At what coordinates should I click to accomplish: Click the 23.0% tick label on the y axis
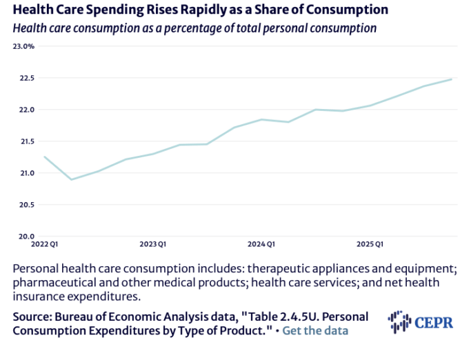coord(23,46)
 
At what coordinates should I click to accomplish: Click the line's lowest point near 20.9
coord(71,179)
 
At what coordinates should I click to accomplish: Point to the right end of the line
coord(452,79)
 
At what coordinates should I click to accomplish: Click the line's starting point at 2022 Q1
coord(44,157)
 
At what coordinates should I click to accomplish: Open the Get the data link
coord(315,330)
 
